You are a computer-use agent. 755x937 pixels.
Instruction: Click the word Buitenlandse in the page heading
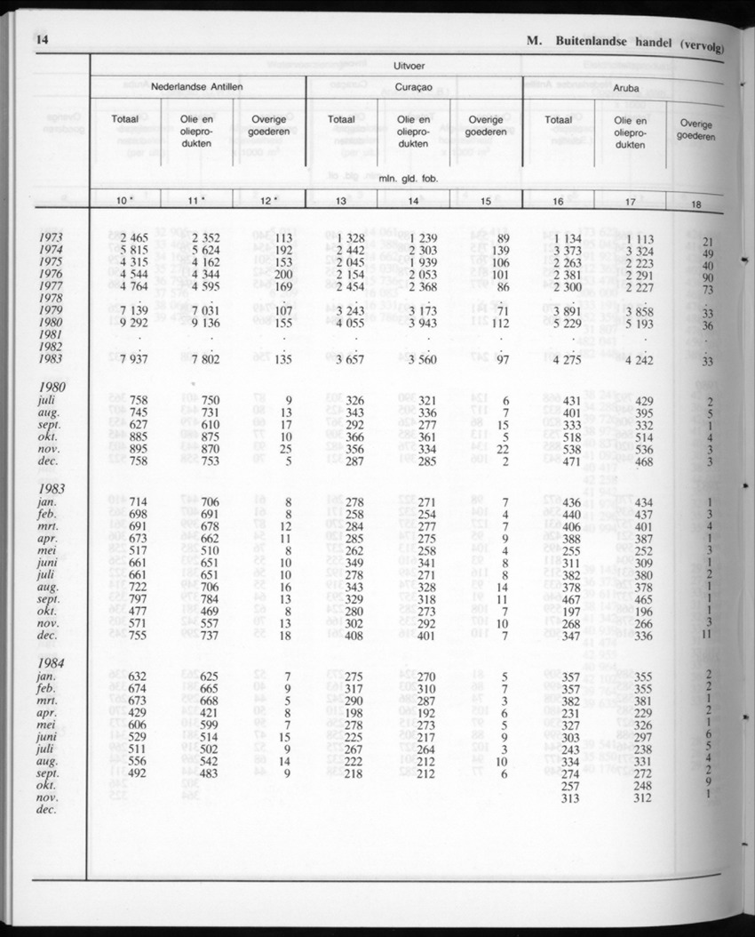pos(605,41)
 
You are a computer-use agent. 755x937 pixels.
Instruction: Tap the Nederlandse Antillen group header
pos(197,87)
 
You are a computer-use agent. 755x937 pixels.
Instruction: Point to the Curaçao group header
pos(414,88)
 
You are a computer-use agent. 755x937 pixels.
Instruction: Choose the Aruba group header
pos(628,89)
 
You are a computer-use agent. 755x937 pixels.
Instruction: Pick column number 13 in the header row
pos(341,202)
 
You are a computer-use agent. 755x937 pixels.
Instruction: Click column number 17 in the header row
pos(630,203)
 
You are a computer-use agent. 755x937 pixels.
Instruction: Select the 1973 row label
pos(52,237)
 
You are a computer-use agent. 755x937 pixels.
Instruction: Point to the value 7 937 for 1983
pos(131,361)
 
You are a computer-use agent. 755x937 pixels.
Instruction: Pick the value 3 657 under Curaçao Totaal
pos(345,361)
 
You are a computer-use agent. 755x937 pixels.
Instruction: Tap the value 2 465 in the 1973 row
pos(131,238)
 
